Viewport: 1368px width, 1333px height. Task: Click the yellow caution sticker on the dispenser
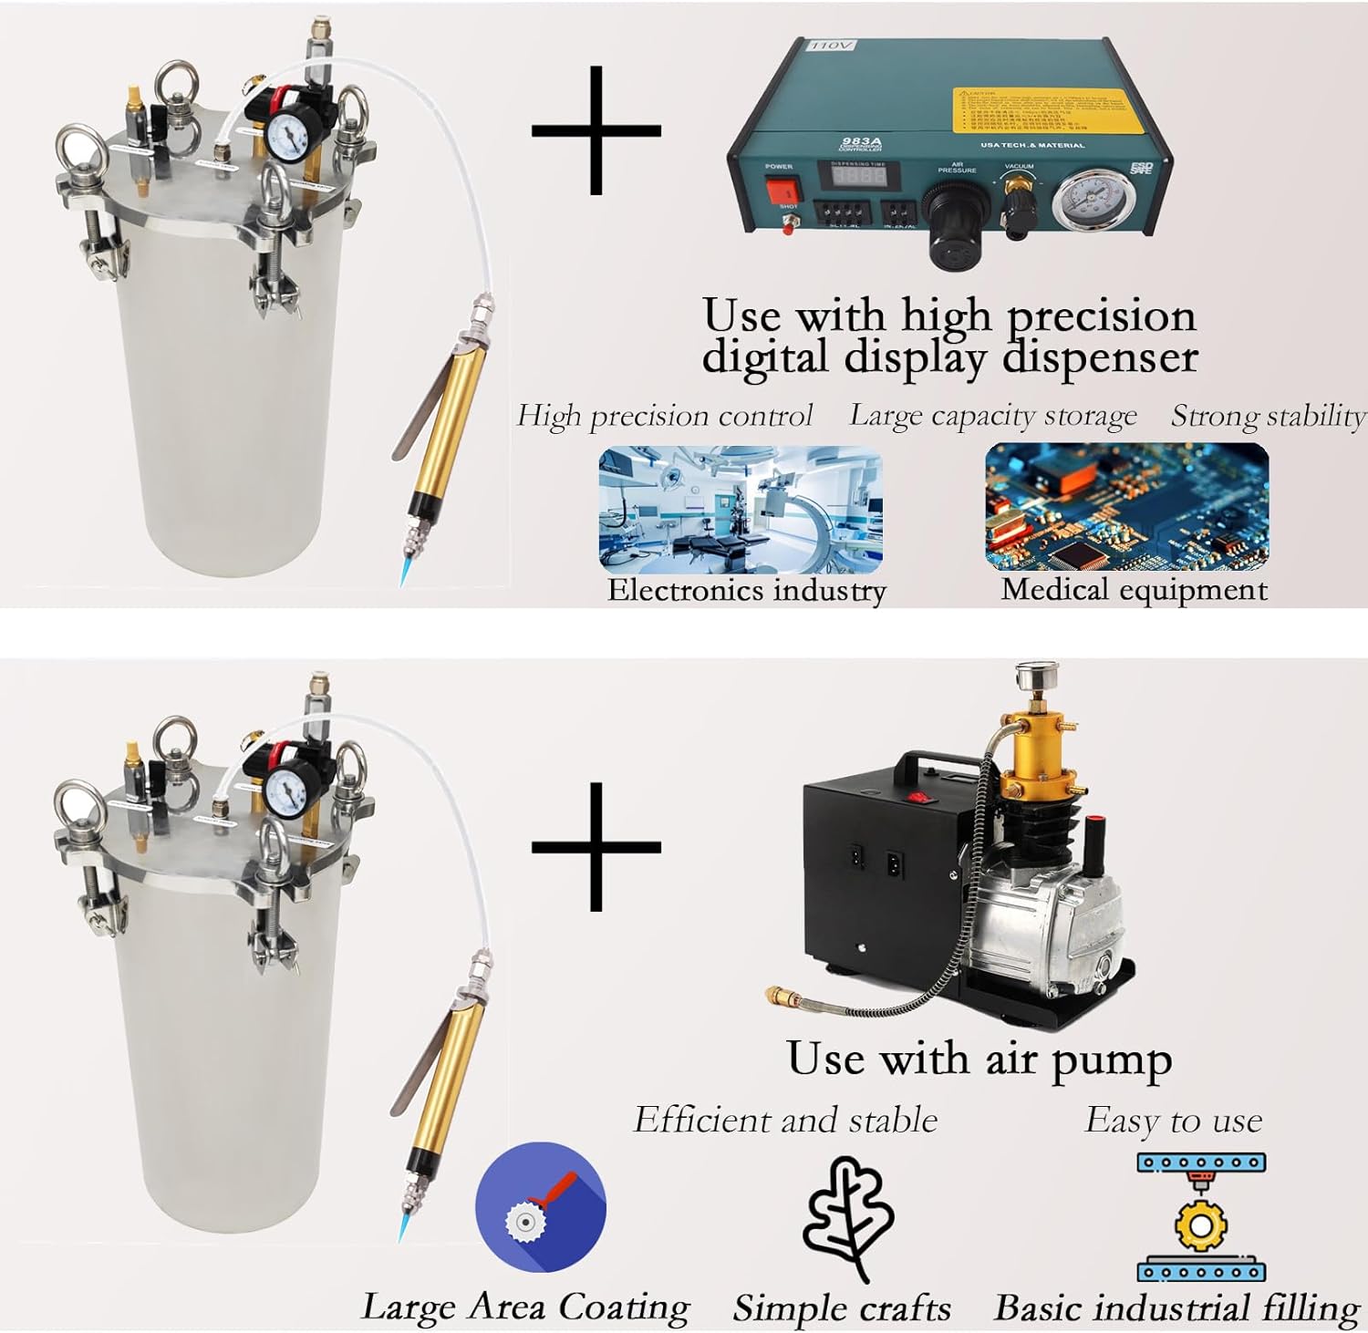(x=1037, y=113)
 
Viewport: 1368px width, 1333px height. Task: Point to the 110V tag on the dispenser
(x=831, y=45)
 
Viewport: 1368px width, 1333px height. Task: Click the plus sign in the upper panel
(x=596, y=130)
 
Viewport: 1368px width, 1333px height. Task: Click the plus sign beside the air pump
(x=596, y=847)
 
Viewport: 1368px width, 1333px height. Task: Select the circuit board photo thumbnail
(x=1126, y=507)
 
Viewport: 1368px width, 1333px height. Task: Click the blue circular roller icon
(x=541, y=1206)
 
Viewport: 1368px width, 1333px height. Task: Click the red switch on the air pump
(x=922, y=798)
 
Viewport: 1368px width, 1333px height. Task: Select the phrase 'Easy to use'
(x=1174, y=1120)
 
